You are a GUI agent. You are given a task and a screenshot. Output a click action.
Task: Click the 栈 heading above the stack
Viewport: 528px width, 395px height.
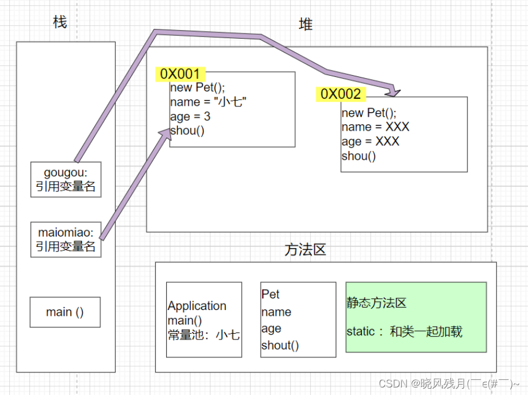coord(60,23)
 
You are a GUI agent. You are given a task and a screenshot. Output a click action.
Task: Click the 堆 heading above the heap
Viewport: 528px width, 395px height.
coord(306,24)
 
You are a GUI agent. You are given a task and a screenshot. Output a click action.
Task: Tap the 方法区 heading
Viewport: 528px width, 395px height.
coord(305,250)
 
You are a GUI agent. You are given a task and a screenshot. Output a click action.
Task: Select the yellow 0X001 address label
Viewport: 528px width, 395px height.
coord(179,74)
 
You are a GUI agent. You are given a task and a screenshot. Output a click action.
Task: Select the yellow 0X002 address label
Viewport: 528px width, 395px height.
coord(340,94)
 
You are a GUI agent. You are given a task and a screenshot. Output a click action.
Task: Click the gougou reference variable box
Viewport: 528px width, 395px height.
coord(65,179)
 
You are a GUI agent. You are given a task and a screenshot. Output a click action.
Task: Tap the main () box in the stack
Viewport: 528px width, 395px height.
coord(65,312)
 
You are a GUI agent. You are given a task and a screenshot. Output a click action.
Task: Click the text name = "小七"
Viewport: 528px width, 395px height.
coord(208,102)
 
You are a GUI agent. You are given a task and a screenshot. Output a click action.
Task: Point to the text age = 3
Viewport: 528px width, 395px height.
coord(190,117)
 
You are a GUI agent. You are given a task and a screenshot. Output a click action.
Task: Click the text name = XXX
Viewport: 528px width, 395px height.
coord(375,127)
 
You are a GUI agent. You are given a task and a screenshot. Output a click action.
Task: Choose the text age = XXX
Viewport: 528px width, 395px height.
coord(370,142)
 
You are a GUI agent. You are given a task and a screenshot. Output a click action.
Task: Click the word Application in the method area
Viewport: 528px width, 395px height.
coord(197,306)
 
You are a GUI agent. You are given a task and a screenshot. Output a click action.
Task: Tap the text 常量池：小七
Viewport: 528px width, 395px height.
coord(204,334)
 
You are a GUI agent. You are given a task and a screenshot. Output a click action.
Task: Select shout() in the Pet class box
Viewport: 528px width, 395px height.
coord(280,346)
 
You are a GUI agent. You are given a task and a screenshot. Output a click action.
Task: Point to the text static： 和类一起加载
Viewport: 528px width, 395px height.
coord(404,331)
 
